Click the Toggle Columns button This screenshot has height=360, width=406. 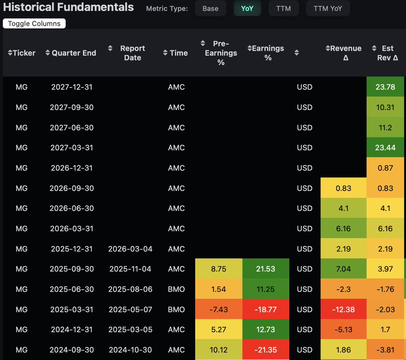point(34,24)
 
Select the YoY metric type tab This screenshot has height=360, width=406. point(247,8)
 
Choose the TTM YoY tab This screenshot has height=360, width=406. point(328,8)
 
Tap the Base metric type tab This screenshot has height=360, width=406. point(210,8)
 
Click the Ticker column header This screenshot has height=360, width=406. point(22,53)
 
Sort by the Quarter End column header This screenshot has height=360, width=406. point(71,53)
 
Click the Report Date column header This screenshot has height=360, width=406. point(132,53)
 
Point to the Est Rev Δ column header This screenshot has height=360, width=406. point(387,53)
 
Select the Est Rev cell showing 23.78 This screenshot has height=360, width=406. point(385,87)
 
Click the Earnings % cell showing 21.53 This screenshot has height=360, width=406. point(266,269)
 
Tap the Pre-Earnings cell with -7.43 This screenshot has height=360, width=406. point(219,309)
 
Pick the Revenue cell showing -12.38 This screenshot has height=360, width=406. point(343,309)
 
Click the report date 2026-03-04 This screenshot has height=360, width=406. point(130,249)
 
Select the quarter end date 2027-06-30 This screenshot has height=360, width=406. point(72,127)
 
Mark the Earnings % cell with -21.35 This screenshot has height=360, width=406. point(266,350)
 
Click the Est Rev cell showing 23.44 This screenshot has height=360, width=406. point(385,148)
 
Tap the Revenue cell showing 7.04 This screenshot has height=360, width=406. point(343,269)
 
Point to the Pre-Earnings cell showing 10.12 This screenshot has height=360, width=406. point(219,350)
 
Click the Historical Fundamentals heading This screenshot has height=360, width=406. point(68,7)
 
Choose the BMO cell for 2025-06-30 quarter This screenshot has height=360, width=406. point(176,289)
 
